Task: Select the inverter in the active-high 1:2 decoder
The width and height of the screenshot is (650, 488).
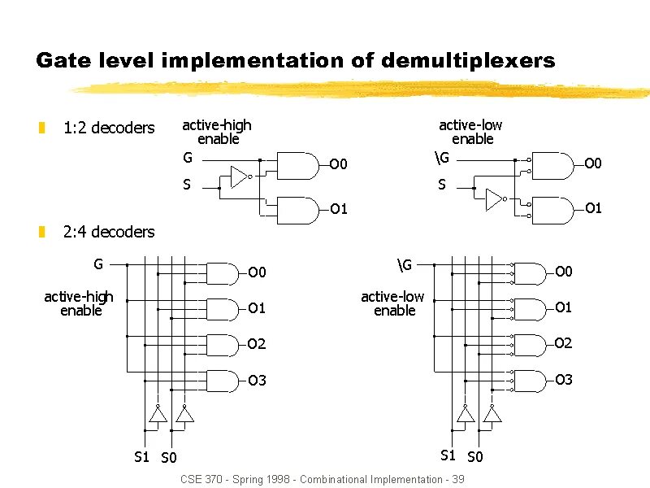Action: tap(239, 176)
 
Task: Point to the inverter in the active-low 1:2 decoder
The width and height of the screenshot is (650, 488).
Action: tap(494, 199)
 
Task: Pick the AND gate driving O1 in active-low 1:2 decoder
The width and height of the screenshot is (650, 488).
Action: tap(554, 211)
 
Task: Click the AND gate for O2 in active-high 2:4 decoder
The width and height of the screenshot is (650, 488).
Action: tap(224, 345)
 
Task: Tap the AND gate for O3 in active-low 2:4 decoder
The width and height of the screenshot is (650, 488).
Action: tap(531, 381)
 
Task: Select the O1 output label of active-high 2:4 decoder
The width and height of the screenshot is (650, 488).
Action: tap(257, 308)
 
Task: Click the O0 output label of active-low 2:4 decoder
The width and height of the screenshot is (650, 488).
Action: tap(563, 272)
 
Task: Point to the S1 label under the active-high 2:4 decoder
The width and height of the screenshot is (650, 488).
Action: tap(141, 456)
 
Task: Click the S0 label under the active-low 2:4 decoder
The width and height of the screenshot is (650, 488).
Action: tap(475, 456)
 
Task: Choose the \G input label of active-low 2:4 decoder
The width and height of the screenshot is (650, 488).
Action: tap(405, 264)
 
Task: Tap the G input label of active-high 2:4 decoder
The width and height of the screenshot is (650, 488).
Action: tap(98, 264)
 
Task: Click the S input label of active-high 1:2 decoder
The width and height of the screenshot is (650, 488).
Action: tap(187, 185)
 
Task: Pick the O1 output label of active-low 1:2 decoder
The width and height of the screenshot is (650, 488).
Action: tap(593, 208)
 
